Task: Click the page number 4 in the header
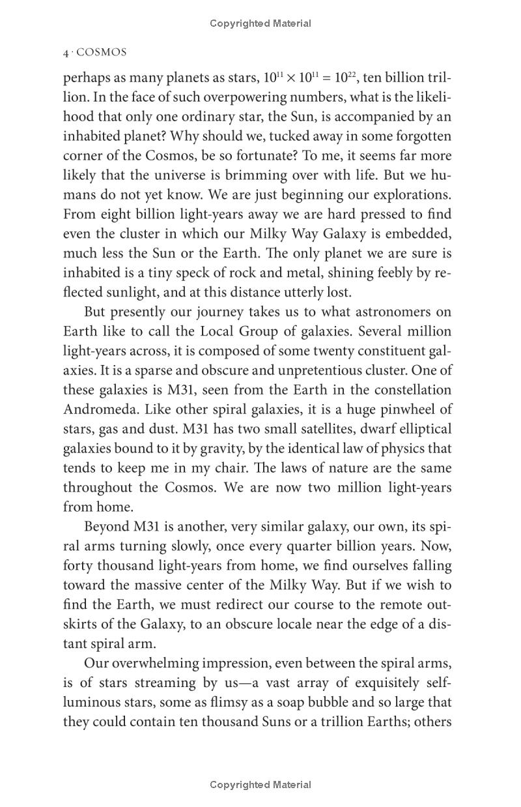point(66,53)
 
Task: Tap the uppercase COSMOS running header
point(102,53)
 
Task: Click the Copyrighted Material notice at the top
point(260,23)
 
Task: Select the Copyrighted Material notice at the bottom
point(260,785)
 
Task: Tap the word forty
point(77,566)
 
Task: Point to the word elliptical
point(423,429)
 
